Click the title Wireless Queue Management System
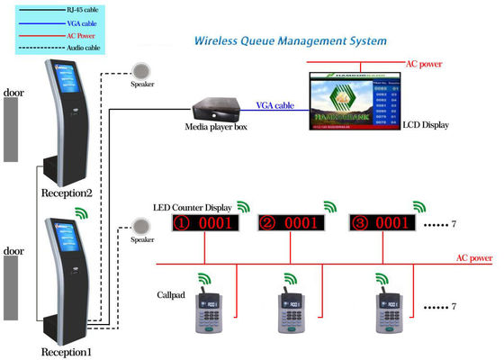click(290, 41)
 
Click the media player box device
click(214, 107)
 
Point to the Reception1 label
click(67, 350)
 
